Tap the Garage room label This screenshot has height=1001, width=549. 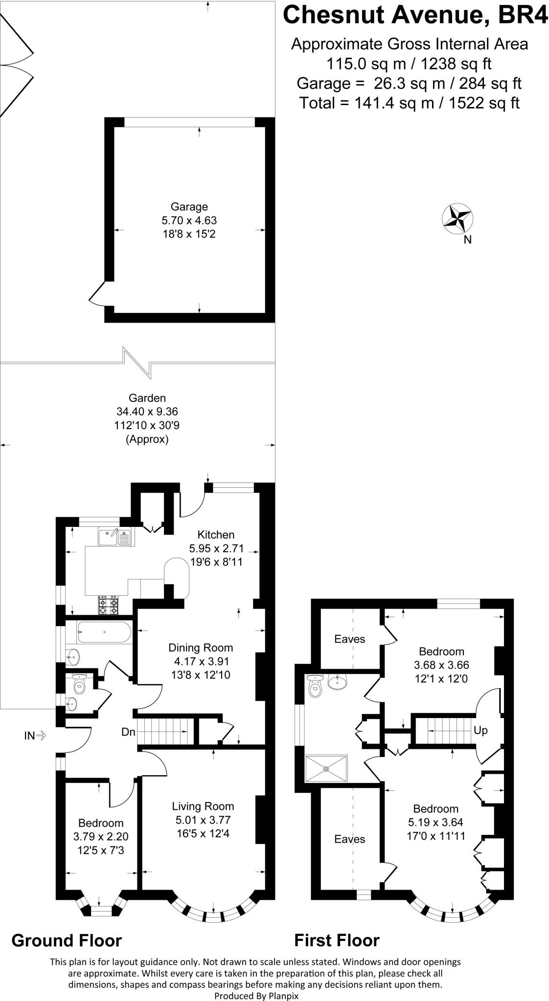coord(189,207)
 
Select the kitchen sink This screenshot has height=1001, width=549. coord(115,537)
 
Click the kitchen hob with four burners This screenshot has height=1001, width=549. coord(109,606)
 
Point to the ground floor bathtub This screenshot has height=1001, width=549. coord(103,633)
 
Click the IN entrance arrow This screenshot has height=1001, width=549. coord(35,735)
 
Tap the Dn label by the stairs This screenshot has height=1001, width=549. coord(128,732)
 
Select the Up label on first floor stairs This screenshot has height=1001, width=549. coord(480,730)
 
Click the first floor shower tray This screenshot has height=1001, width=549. coord(326,768)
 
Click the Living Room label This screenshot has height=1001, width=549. coord(203,806)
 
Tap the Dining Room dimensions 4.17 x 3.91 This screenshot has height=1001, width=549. coord(201,661)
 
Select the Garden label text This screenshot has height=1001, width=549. coord(147,398)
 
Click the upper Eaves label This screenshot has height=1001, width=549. coord(349,639)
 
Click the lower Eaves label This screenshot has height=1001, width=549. coord(349,839)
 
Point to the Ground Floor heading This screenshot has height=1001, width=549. coord(67,940)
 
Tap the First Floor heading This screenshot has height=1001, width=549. coord(337,940)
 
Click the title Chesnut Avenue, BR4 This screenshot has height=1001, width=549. coord(415,15)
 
